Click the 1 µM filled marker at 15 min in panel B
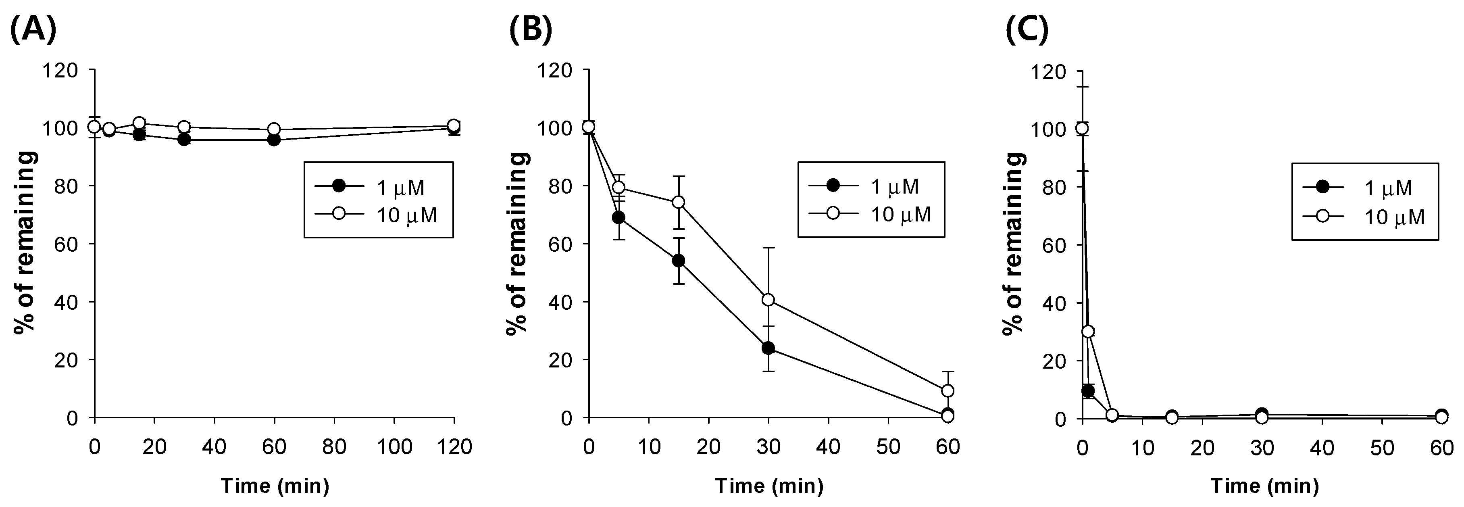pyautogui.click(x=678, y=261)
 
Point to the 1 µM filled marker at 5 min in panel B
pyautogui.click(x=619, y=218)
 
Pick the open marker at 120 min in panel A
pyautogui.click(x=454, y=125)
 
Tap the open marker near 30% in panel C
pyautogui.click(x=1088, y=332)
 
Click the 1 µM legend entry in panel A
pyautogui.click(x=378, y=187)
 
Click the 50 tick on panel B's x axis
pyautogui.click(x=888, y=447)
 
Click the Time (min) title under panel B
pyautogui.click(x=768, y=486)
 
